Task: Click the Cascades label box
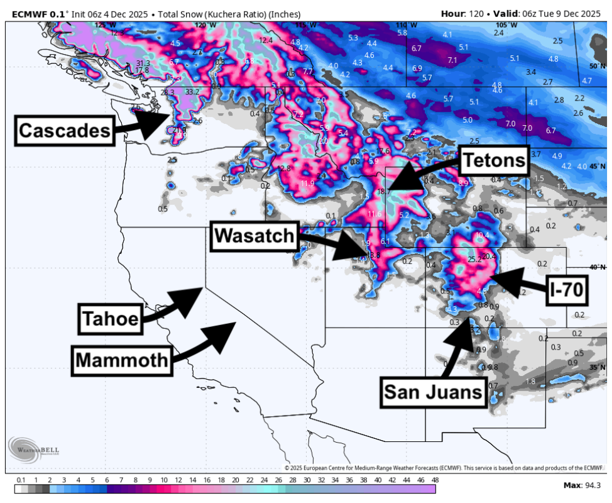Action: (64, 130)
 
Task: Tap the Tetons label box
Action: (494, 161)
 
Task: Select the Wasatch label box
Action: (254, 236)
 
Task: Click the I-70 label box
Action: (567, 289)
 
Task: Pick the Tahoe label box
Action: (109, 319)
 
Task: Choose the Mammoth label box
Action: (122, 360)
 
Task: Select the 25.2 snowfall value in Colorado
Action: (475, 259)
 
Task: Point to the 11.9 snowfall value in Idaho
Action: (307, 184)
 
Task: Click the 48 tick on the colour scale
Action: (435, 480)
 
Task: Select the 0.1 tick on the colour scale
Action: (21, 480)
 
